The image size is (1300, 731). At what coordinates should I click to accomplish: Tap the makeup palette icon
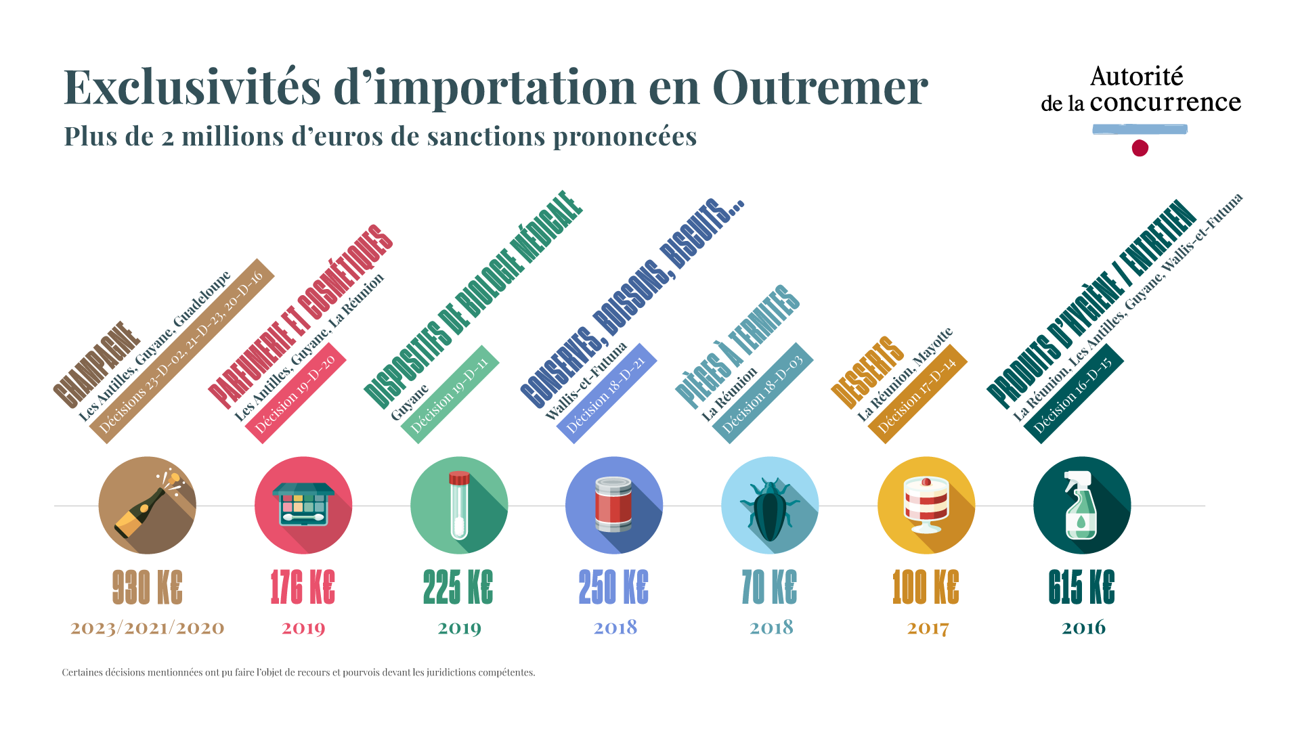point(303,505)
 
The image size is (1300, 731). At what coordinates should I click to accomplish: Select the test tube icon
point(459,505)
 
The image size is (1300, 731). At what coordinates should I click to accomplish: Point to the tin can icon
point(613,505)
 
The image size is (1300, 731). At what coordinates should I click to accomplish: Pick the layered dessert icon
point(926,505)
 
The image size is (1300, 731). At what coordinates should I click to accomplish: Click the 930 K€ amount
point(147,587)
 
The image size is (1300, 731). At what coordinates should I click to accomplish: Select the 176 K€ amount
point(303,587)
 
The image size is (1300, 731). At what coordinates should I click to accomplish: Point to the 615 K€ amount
point(1081,587)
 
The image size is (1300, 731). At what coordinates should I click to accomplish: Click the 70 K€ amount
point(769,587)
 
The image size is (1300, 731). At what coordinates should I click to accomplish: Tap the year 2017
point(928,628)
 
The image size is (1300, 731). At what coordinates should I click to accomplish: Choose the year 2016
point(1083,627)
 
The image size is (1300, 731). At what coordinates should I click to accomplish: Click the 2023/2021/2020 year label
point(147,628)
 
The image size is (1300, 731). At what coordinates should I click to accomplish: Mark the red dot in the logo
point(1140,148)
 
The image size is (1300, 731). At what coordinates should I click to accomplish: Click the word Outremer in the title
point(820,87)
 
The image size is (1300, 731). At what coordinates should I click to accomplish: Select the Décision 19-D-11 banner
point(450,395)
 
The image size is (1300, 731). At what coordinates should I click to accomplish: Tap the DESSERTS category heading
point(867,372)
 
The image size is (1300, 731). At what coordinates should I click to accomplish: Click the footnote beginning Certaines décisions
point(299,672)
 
